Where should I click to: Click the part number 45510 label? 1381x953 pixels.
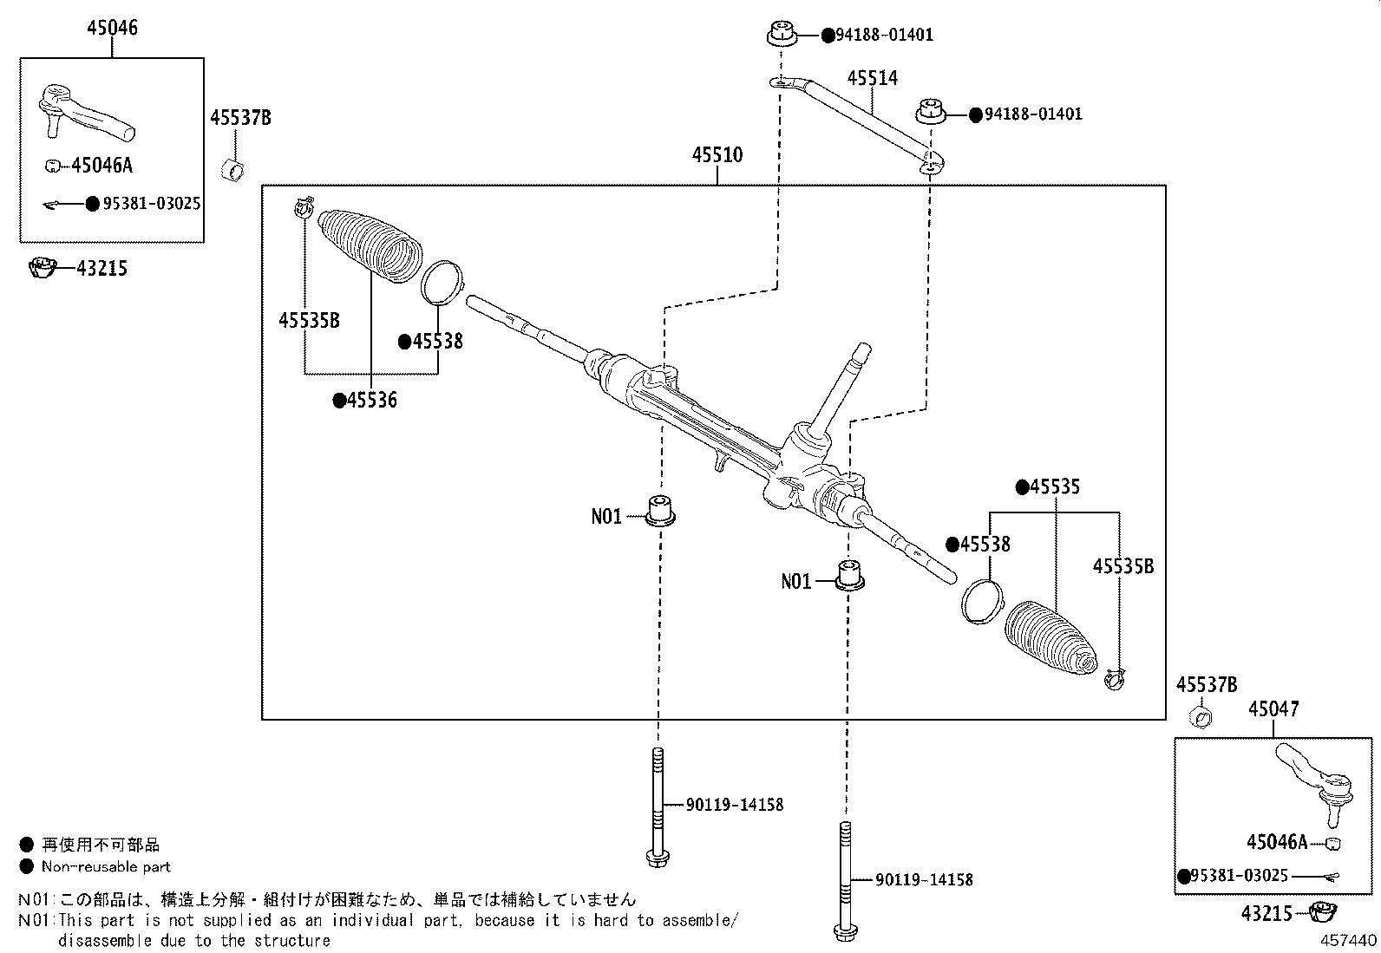[x=717, y=155]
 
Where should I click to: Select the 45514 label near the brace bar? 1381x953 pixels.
[x=872, y=79]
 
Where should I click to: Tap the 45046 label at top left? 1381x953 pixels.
[x=112, y=28]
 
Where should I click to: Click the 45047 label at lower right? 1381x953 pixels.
[x=1273, y=709]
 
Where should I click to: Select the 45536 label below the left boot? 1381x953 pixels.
[x=371, y=401]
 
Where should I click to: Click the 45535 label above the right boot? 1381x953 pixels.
[x=1055, y=487]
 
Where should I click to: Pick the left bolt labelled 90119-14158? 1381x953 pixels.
[x=658, y=806]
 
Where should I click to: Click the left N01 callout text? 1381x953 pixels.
[x=606, y=517]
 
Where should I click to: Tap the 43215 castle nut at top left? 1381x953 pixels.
[x=43, y=269]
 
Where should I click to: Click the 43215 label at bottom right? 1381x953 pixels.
[x=1266, y=914]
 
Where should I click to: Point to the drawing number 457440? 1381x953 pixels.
[x=1348, y=940]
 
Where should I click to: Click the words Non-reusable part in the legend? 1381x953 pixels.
[x=107, y=866]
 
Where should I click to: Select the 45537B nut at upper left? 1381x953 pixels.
[x=232, y=171]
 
